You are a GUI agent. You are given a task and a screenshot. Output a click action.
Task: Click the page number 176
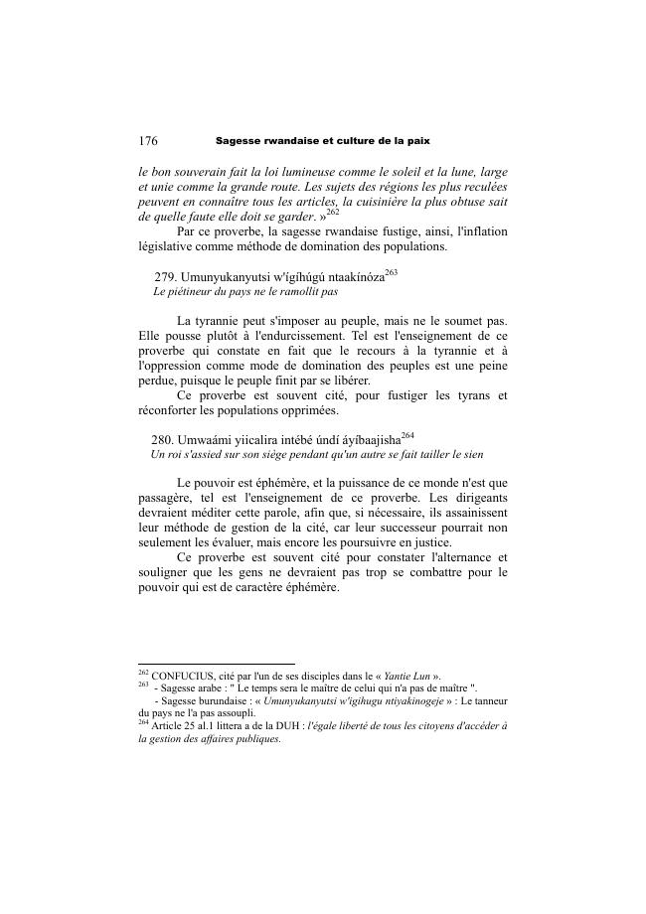[x=148, y=141]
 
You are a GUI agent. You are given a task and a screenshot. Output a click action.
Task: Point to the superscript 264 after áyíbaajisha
[x=407, y=434]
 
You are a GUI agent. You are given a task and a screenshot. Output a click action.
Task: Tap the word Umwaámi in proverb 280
[x=204, y=439]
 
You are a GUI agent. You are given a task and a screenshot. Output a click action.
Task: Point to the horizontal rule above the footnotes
[x=217, y=664]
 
